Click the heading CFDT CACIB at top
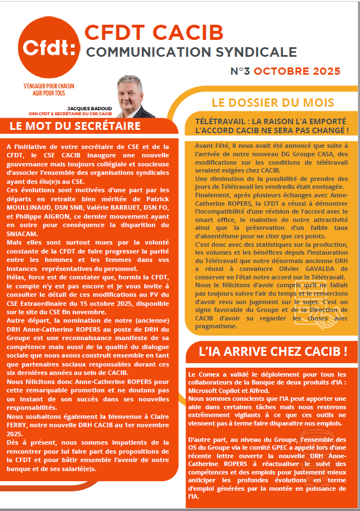tap(154, 33)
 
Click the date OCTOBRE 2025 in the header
tap(301, 71)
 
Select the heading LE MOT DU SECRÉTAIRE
tap(75, 126)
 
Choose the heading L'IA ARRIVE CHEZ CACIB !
tap(273, 352)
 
